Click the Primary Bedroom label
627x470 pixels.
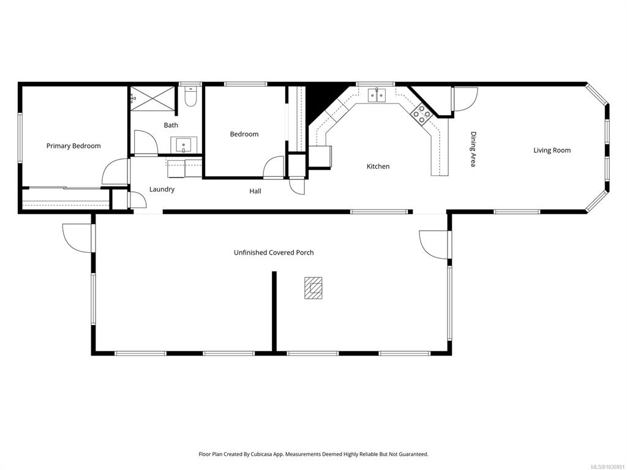(73, 146)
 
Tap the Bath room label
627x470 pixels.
(171, 125)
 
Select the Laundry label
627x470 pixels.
(162, 190)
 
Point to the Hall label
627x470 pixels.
(255, 191)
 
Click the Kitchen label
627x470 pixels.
(378, 166)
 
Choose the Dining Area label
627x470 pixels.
(473, 149)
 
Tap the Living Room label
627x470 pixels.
(552, 151)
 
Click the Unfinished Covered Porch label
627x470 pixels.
(274, 253)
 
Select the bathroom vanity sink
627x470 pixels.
(184, 144)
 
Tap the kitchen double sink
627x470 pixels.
(377, 95)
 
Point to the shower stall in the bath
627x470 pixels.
(152, 97)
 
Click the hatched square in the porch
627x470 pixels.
(313, 288)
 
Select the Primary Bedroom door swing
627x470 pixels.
(116, 172)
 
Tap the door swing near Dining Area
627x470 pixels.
(465, 99)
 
